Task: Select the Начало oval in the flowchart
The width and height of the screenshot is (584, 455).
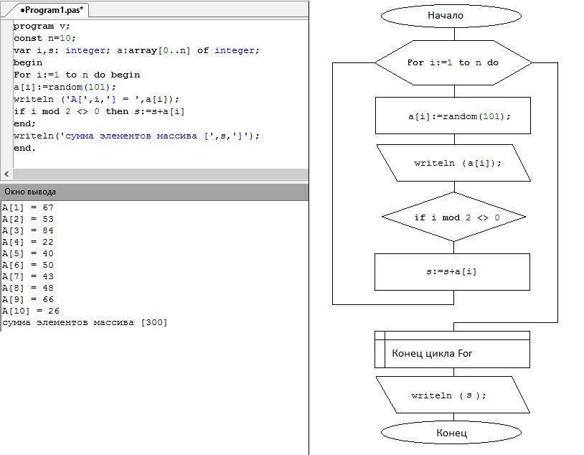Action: [451, 16]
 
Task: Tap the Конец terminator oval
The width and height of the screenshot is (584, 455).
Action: [451, 433]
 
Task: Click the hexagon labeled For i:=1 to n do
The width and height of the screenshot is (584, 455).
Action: [453, 62]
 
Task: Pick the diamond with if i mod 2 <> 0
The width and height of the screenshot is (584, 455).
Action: [453, 217]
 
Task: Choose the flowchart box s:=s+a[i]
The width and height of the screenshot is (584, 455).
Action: [452, 272]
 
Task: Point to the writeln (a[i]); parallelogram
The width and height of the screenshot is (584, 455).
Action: [453, 163]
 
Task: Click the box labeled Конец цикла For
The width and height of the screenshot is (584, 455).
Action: [452, 350]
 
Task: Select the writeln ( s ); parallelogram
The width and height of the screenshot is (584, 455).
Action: [453, 395]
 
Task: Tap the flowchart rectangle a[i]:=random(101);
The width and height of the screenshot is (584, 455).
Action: [453, 116]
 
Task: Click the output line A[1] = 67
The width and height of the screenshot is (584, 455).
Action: [28, 207]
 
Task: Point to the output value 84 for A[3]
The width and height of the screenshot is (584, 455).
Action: [48, 230]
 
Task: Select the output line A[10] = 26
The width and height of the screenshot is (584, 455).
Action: [31, 311]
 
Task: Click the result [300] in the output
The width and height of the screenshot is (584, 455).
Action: [154, 322]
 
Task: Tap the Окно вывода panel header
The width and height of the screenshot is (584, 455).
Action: [154, 192]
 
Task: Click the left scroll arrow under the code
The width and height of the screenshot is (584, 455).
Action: [6, 174]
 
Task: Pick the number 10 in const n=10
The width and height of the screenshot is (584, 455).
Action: [65, 38]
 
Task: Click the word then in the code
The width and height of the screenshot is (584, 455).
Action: [117, 111]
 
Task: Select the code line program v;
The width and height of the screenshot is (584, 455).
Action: [42, 26]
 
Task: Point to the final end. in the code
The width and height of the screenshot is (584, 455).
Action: [24, 148]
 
